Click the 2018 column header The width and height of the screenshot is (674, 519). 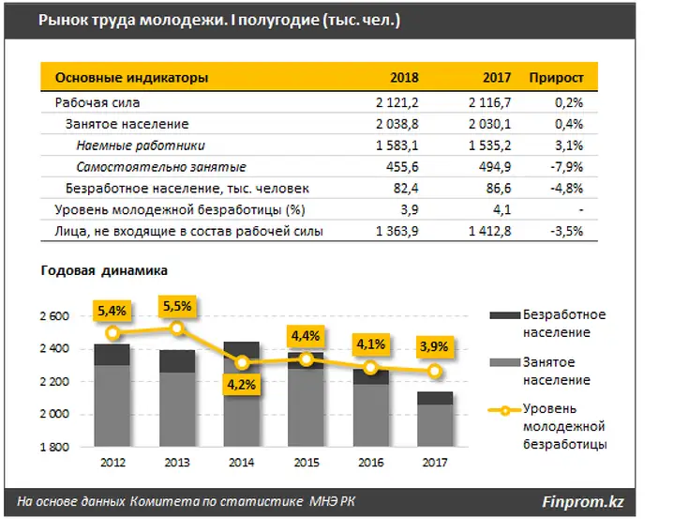click(404, 78)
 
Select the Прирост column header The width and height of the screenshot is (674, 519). click(556, 78)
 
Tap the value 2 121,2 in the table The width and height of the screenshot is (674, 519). click(397, 103)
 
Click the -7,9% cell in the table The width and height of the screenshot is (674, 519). click(566, 167)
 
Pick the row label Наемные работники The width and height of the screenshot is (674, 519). click(141, 145)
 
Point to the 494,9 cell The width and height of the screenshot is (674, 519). click(495, 167)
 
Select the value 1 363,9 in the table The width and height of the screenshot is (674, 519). click(397, 232)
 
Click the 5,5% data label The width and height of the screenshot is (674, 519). click(177, 306)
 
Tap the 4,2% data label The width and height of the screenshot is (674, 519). click(241, 384)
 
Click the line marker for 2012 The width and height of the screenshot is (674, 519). click(112, 332)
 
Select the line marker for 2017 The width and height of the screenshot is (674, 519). click(435, 371)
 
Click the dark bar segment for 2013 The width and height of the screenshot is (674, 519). click(177, 361)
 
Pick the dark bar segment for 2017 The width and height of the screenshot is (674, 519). click(435, 398)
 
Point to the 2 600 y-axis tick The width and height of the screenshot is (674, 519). click(54, 316)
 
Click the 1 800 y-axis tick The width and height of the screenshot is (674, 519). click(54, 447)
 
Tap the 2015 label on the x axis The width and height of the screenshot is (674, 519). click(307, 463)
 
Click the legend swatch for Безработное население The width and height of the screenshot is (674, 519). click(505, 315)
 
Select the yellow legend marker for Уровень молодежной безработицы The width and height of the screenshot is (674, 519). click(505, 410)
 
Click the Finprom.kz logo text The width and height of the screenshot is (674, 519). click(582, 502)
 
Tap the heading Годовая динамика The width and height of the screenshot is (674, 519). click(104, 270)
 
